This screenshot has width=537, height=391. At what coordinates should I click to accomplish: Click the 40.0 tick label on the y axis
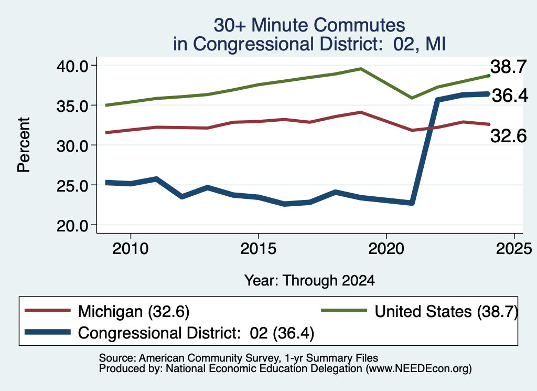[72, 66]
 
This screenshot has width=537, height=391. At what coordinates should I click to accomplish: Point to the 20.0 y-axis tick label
[72, 226]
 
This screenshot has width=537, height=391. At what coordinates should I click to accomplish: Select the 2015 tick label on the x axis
[258, 248]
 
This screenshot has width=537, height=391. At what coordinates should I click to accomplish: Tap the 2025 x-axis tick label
[514, 248]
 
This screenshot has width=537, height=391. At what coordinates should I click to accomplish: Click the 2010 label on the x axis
[131, 248]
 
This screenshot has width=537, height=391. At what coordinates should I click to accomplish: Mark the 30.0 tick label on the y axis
[72, 146]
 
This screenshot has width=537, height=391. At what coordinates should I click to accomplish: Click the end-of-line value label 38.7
[508, 66]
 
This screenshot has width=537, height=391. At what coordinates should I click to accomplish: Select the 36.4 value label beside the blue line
[510, 96]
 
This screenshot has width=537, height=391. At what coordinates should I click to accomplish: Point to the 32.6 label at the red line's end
[508, 136]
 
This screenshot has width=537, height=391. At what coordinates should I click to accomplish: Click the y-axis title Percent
[24, 145]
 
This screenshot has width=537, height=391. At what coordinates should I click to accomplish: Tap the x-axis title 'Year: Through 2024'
[309, 280]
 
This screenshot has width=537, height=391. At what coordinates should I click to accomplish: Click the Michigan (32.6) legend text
[134, 312]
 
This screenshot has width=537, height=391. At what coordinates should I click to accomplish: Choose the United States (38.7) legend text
[446, 312]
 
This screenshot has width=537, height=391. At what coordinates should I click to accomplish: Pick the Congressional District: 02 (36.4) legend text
[196, 333]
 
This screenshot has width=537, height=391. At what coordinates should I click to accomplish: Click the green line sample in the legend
[344, 311]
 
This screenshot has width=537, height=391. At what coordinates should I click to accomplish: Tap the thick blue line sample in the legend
[48, 332]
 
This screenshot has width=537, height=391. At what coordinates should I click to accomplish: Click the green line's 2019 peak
[361, 69]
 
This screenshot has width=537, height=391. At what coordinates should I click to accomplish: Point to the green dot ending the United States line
[489, 76]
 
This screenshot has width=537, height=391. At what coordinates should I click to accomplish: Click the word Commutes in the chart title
[359, 25]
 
